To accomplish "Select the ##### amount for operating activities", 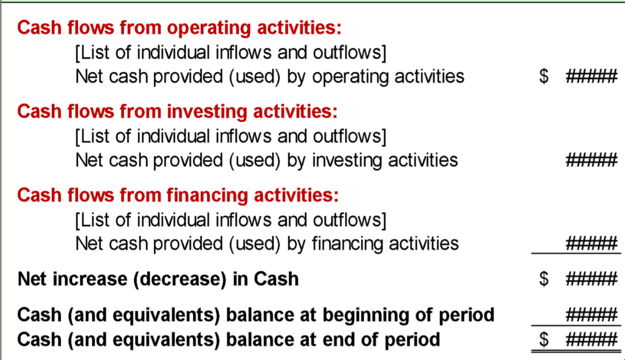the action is [x=591, y=76].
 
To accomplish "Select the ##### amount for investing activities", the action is [x=591, y=160].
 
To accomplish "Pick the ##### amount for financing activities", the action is [x=591, y=243].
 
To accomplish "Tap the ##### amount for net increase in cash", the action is [x=591, y=279].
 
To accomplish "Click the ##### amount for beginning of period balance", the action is [x=591, y=315].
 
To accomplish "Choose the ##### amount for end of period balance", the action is [x=591, y=340].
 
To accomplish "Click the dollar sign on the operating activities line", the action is [x=544, y=76].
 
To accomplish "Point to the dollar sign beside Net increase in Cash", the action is [x=544, y=279].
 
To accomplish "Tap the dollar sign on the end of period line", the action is [x=544, y=340].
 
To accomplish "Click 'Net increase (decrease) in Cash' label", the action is [x=158, y=279].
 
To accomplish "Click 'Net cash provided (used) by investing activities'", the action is [x=267, y=161].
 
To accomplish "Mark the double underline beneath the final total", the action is [x=576, y=352].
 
